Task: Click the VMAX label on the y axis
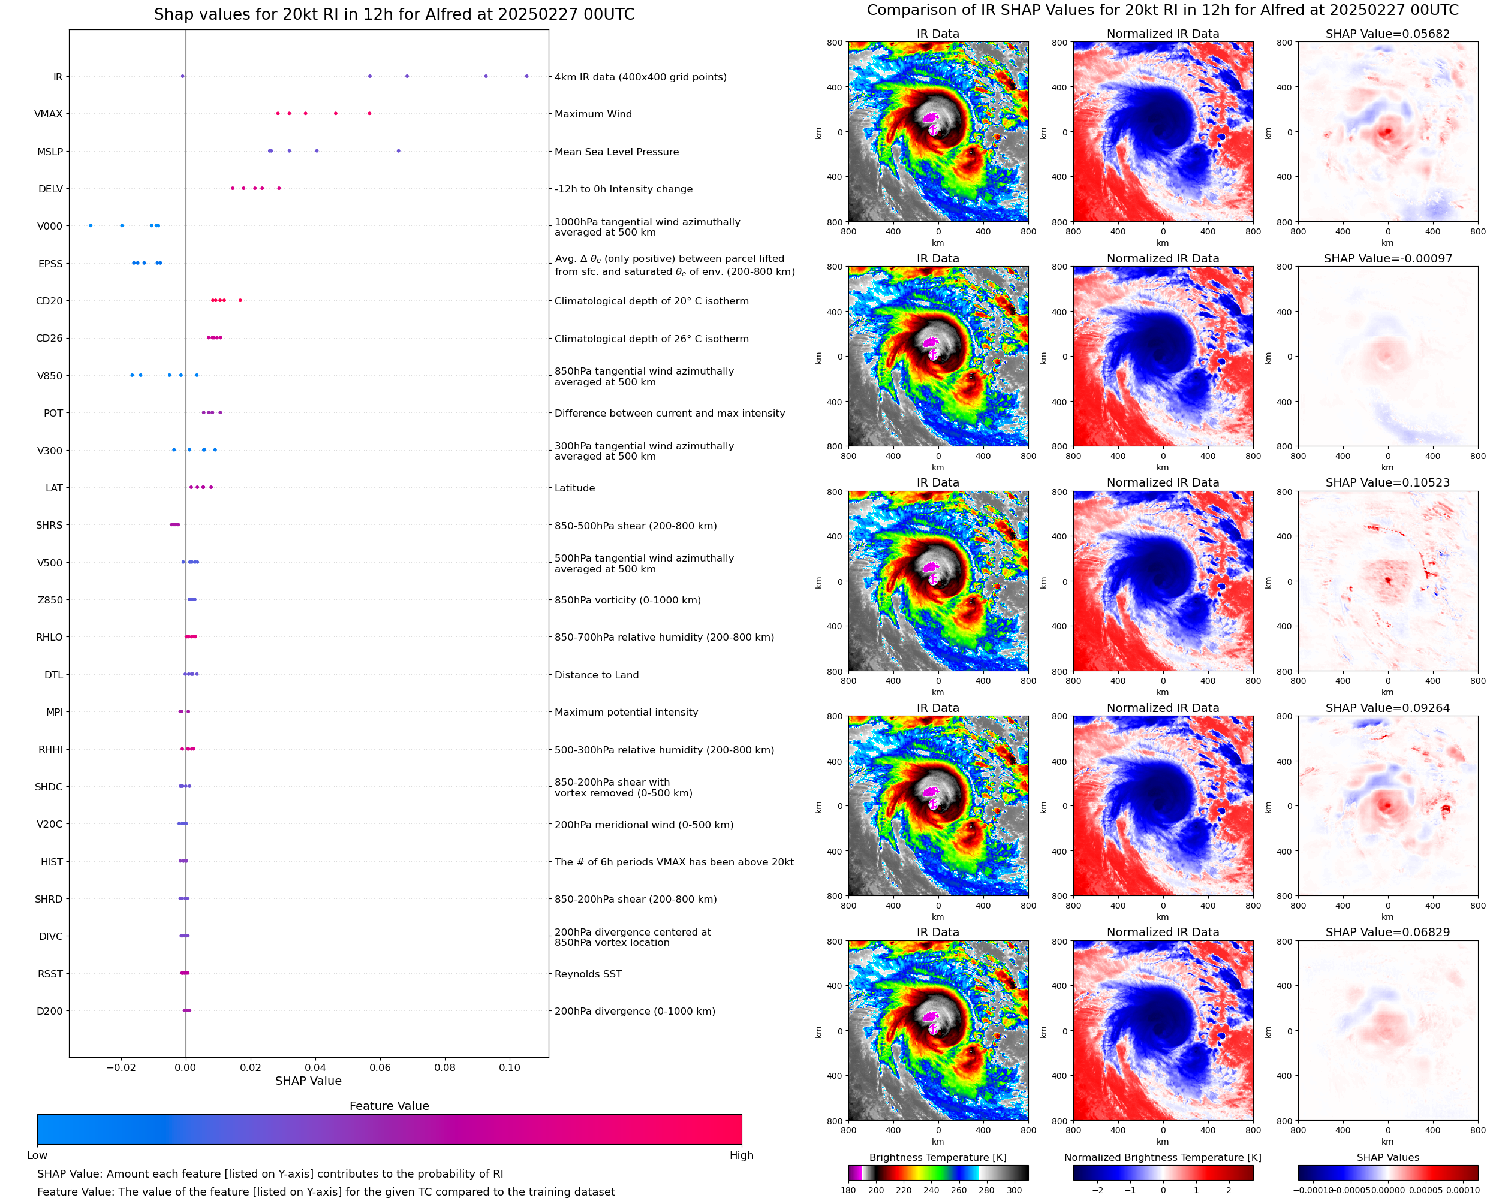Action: [x=48, y=114]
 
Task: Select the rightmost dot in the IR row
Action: [x=526, y=76]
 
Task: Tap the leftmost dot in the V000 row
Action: [x=91, y=225]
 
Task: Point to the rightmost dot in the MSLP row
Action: [x=398, y=151]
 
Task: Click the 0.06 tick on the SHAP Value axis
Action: [x=380, y=1067]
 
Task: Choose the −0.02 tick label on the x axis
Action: [x=121, y=1067]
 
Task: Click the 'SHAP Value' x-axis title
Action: [x=308, y=1081]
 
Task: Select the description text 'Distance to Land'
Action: [x=596, y=675]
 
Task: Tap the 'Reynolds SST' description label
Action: [x=588, y=974]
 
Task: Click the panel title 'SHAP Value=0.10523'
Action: [x=1387, y=482]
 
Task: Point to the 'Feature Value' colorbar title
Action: [x=389, y=1106]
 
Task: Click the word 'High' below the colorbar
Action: [x=741, y=1155]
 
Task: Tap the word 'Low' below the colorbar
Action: [x=37, y=1155]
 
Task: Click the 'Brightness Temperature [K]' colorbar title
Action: [x=937, y=1157]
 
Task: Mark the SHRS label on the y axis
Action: [x=49, y=525]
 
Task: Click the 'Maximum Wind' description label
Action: [x=593, y=114]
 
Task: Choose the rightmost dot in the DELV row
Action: [x=279, y=189]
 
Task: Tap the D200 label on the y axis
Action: [x=49, y=1011]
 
